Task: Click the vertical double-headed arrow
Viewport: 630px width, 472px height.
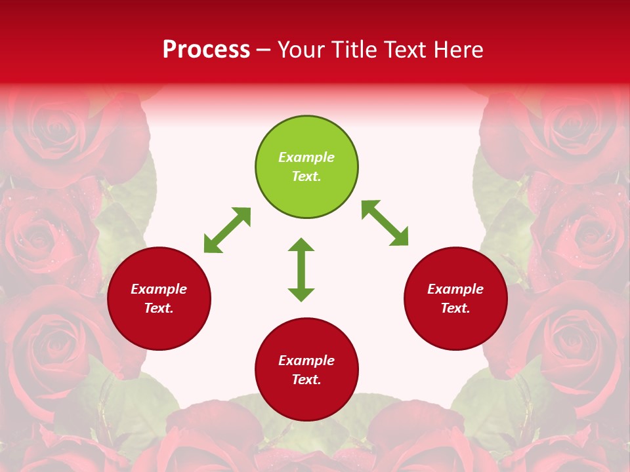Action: tap(301, 269)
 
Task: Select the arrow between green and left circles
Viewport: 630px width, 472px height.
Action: tap(227, 230)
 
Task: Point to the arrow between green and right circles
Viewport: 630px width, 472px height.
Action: tap(385, 223)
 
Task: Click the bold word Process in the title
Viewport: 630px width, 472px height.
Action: tap(206, 50)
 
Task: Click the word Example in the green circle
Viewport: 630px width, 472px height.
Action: tap(306, 157)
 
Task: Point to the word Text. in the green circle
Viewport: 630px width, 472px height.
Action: tap(306, 176)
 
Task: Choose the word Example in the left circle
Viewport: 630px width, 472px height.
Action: tap(159, 289)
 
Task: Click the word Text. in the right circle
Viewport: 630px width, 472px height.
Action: tap(455, 308)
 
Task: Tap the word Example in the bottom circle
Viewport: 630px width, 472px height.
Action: tap(306, 361)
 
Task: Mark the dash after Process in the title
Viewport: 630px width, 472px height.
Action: tap(263, 50)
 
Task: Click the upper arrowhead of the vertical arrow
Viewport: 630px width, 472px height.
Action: tap(301, 246)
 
